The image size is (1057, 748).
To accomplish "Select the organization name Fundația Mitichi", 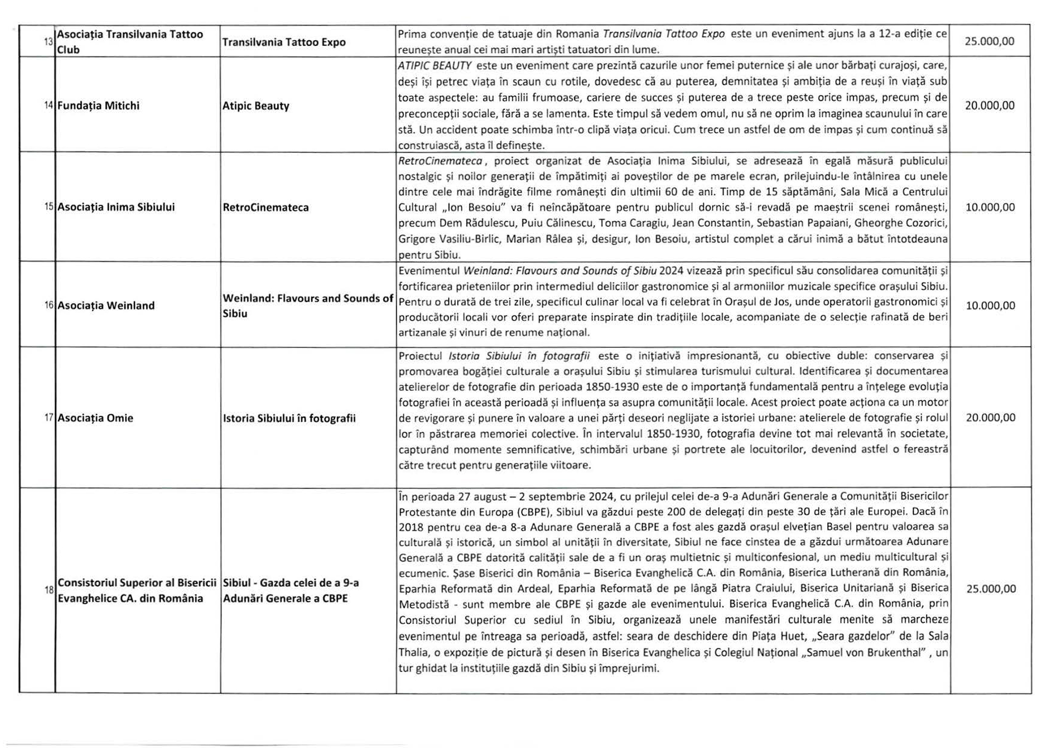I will (x=98, y=106).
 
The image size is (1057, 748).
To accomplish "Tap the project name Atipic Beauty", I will (x=256, y=106).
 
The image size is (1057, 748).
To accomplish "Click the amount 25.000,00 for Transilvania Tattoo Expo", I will (x=989, y=41).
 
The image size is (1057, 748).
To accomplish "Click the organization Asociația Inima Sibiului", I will (x=116, y=207).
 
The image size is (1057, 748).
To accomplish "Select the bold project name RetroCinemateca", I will (x=265, y=207).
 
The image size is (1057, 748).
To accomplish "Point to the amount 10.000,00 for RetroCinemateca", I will (x=990, y=207).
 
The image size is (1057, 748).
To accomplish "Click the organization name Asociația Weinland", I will (x=106, y=306).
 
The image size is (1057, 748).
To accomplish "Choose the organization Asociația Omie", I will (x=95, y=418).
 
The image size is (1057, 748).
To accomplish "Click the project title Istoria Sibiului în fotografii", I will (x=289, y=418).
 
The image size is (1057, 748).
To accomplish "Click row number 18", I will (x=49, y=590).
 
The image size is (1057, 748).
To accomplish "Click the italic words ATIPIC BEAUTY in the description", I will (x=434, y=66).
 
